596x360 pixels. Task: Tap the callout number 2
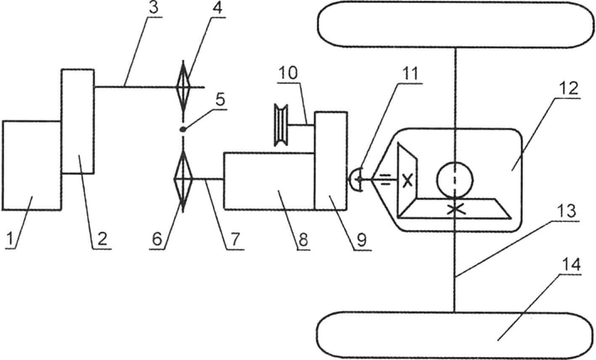pyautogui.click(x=102, y=238)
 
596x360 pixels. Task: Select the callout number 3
pyautogui.click(x=154, y=8)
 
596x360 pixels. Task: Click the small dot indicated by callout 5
pyautogui.click(x=183, y=130)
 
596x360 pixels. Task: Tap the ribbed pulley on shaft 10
pyautogui.click(x=281, y=125)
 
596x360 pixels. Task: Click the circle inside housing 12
pyautogui.click(x=455, y=180)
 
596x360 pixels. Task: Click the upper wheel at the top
pyautogui.click(x=456, y=24)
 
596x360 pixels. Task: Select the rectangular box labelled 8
pyautogui.click(x=269, y=181)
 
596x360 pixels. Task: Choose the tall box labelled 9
pyautogui.click(x=331, y=161)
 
